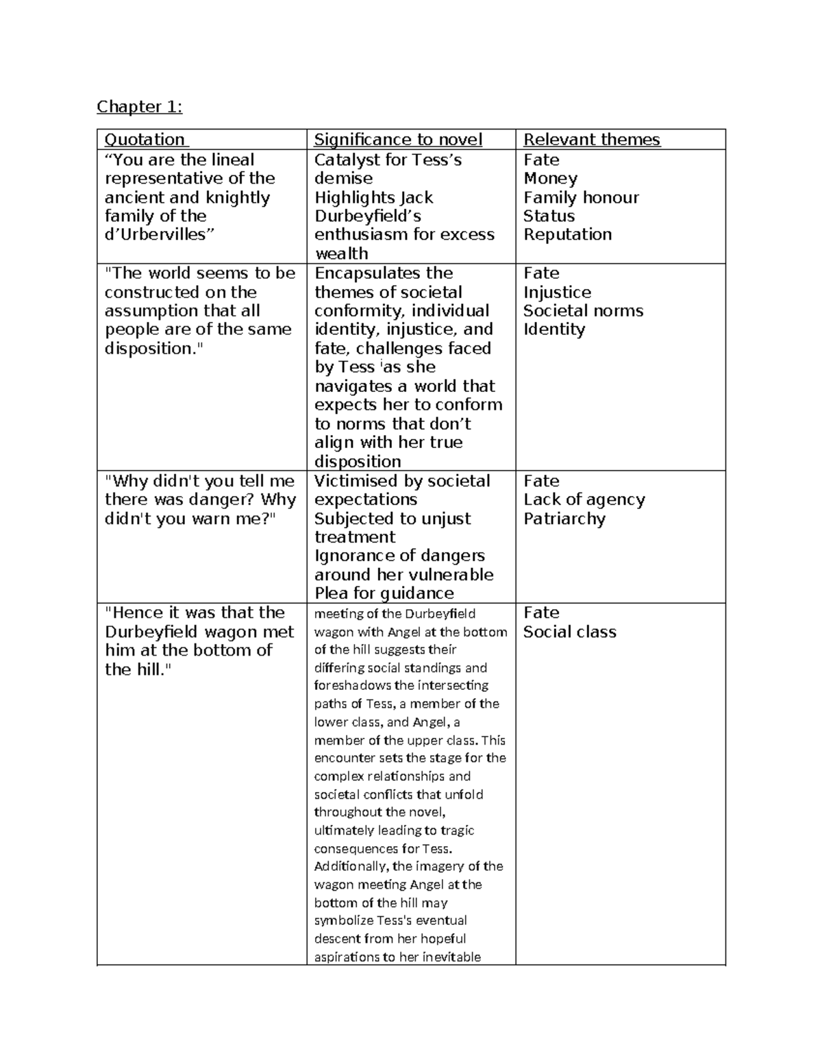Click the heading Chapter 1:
click(139, 106)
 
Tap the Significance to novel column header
click(398, 140)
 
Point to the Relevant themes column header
click(591, 140)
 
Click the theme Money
click(550, 179)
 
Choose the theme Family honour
click(581, 197)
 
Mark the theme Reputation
click(567, 234)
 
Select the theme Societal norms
click(583, 311)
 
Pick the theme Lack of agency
click(584, 499)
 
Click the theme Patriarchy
click(564, 519)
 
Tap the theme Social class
click(569, 632)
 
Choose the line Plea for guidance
click(384, 593)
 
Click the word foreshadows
click(352, 685)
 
